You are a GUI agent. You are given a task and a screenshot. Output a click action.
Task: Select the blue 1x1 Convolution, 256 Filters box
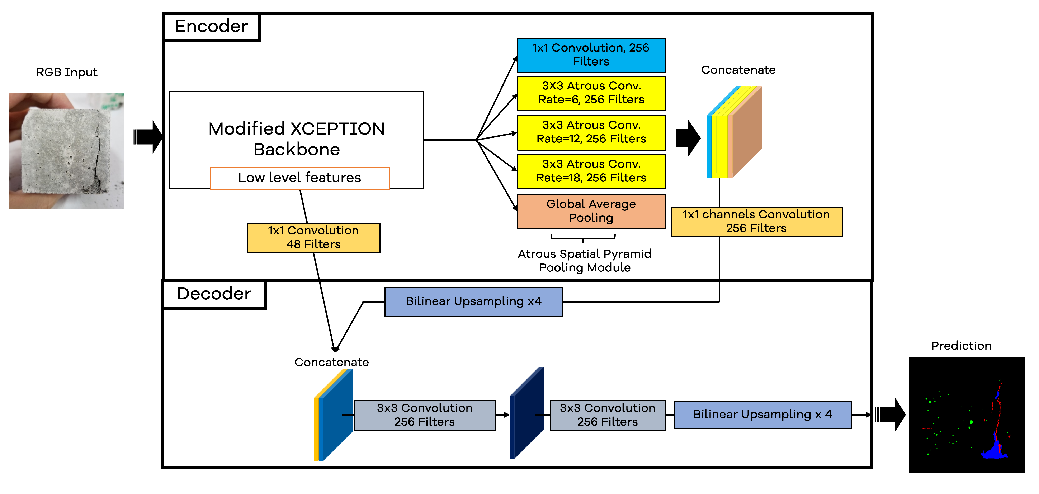point(591,55)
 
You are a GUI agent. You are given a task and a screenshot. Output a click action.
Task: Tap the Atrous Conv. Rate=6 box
point(591,93)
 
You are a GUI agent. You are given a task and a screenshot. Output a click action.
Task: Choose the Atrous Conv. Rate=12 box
point(591,132)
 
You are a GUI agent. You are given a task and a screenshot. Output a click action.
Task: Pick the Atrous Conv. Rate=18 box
point(591,171)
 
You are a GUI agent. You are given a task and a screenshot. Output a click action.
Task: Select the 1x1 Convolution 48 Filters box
point(313,238)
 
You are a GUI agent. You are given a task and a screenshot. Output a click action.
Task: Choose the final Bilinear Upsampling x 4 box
point(762,415)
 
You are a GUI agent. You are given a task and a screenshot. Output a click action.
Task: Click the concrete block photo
point(67,151)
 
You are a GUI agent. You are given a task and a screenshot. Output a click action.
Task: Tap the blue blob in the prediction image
point(994,451)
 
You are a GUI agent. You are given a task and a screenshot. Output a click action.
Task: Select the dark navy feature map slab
point(526,413)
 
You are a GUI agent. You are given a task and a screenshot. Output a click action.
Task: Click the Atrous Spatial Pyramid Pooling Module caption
point(584,261)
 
